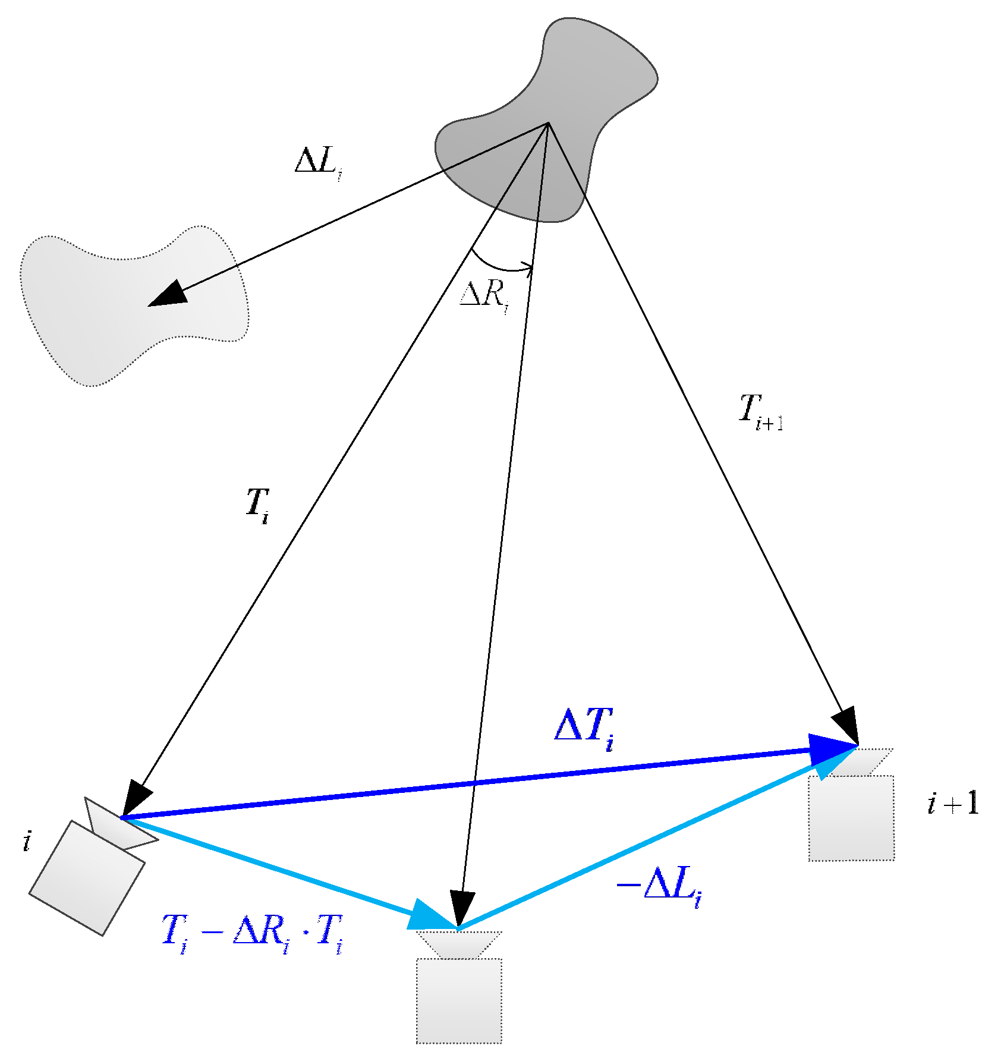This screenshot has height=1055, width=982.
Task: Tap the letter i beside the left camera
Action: pos(27,842)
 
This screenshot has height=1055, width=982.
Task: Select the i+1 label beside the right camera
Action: pos(952,804)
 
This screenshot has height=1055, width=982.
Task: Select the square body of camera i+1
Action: pos(851,817)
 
